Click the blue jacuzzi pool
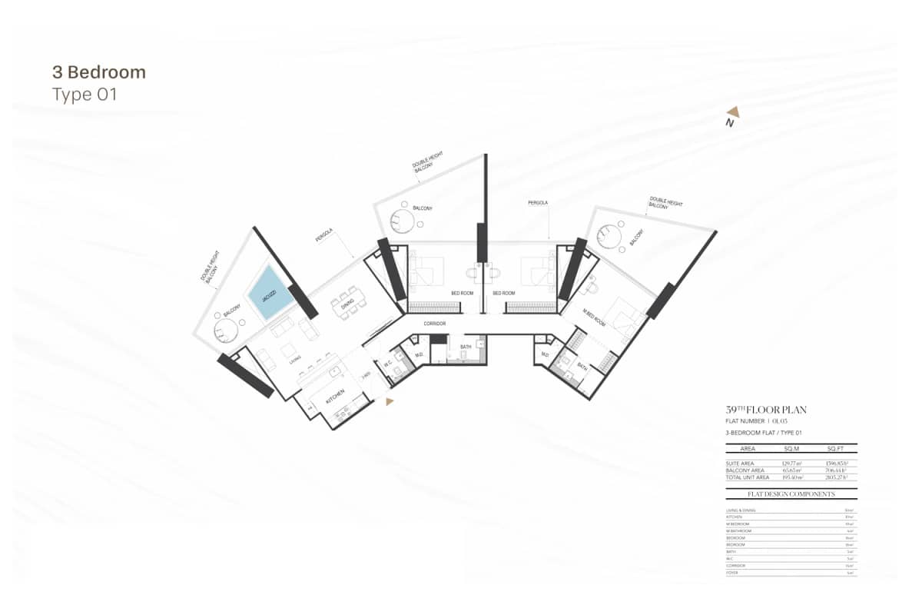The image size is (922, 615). [x=270, y=292]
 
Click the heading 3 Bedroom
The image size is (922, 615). [x=98, y=73]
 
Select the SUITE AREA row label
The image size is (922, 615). [x=741, y=463]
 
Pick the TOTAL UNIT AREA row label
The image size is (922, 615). [x=748, y=477]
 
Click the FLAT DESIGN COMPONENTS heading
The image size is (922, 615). [x=791, y=494]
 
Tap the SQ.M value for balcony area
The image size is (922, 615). [x=790, y=470]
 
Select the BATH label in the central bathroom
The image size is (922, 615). [x=466, y=347]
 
